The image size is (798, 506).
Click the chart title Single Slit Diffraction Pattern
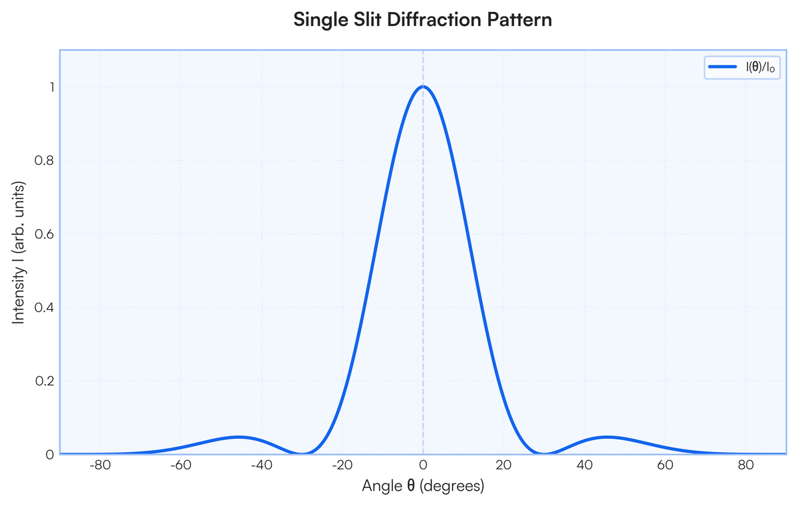tap(423, 20)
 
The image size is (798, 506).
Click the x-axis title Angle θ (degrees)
tap(423, 486)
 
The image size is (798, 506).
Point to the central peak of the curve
tap(423, 86)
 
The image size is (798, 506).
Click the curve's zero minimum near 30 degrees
tap(544, 453)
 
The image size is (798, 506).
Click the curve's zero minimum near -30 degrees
tap(302, 453)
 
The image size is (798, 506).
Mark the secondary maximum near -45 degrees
tap(239, 437)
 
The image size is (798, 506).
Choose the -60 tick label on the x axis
tap(180, 464)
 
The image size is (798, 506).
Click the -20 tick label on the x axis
tap(342, 464)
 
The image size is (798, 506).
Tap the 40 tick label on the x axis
tap(585, 464)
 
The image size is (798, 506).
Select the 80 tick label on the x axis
tap(746, 464)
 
